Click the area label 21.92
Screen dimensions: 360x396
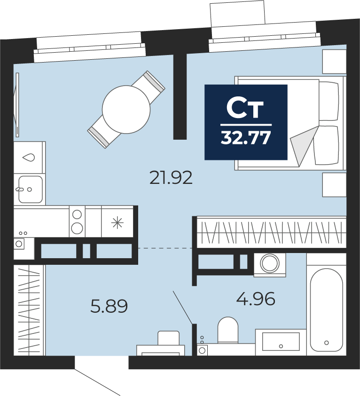pyautogui.click(x=171, y=177)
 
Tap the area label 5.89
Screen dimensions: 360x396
pyautogui.click(x=109, y=306)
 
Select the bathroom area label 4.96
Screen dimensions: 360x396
pyautogui.click(x=256, y=299)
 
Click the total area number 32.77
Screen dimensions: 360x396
pyautogui.click(x=246, y=138)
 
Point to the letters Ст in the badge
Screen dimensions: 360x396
pyautogui.click(x=245, y=108)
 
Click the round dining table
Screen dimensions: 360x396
pyautogui.click(x=126, y=110)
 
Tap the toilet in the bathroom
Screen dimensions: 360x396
pyautogui.click(x=228, y=330)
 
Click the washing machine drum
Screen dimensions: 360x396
pyautogui.click(x=270, y=263)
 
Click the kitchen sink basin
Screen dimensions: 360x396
pyautogui.click(x=30, y=190)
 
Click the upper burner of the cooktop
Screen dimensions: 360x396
pyautogui.click(x=77, y=214)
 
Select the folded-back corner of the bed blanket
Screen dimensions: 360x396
pyautogui.click(x=303, y=145)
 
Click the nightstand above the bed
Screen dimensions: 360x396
pyautogui.click(x=334, y=62)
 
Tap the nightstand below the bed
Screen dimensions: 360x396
pyautogui.click(x=334, y=185)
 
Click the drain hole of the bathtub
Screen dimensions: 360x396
pyautogui.click(x=327, y=343)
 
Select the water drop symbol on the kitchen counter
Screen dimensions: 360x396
pyautogui.click(x=29, y=158)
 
